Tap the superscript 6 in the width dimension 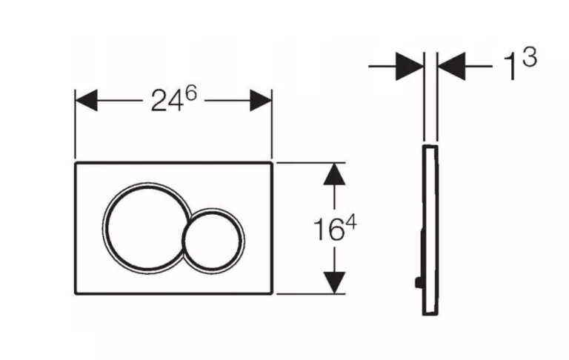190,93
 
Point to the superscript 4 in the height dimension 351,221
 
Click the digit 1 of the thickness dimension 511,67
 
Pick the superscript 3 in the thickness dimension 530,58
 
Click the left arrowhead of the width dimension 86,101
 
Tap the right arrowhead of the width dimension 261,101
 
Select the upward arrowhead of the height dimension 334,174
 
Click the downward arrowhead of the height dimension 334,282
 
